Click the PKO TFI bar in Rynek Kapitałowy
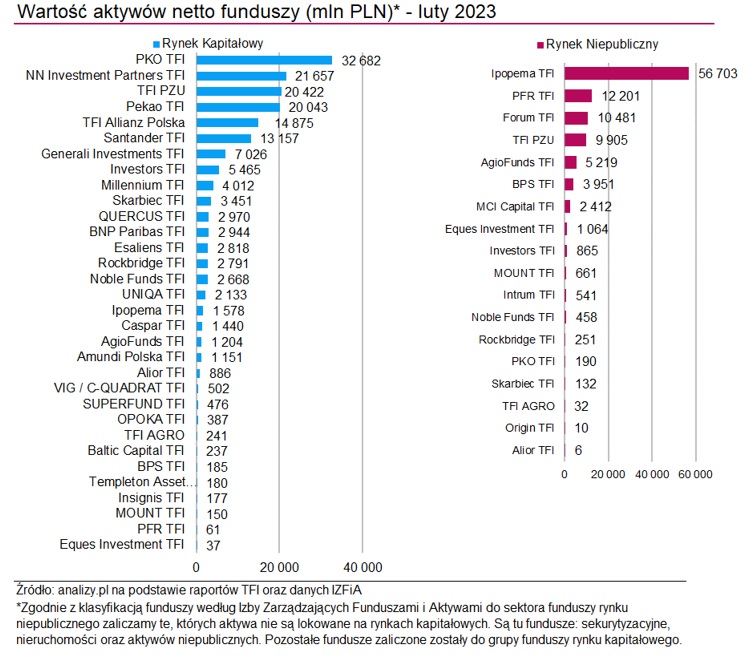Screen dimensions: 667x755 tap(264, 60)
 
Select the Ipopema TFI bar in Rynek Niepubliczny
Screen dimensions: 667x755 tap(627, 73)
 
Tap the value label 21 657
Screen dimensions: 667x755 tap(313, 76)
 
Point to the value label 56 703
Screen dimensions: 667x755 tap(716, 73)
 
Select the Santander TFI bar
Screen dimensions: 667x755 tap(224, 138)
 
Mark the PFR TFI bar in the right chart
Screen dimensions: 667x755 tap(578, 95)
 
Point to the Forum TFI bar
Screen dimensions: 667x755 tap(576, 118)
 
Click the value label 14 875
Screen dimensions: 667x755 tap(284, 123)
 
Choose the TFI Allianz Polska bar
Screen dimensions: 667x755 tap(228, 122)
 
